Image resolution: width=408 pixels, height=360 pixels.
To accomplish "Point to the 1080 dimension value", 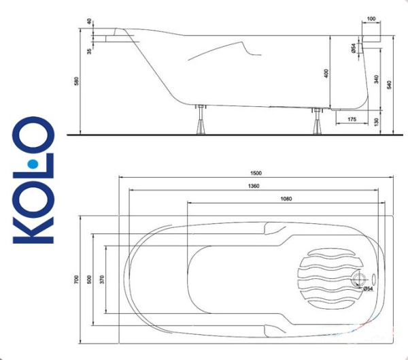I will point(286,199).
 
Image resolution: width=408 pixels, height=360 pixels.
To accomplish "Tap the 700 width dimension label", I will point(78,279).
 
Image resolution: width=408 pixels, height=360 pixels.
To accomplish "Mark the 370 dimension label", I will point(103,279).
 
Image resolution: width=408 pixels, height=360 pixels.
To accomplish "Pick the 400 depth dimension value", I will point(326,73).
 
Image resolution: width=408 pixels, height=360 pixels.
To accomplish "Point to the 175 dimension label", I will point(351,120).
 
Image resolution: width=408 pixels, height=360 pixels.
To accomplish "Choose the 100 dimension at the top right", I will point(371,19).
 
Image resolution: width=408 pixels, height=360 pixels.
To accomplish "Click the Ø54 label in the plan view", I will point(368,289).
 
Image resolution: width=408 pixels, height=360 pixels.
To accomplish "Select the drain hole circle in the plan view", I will point(358,280).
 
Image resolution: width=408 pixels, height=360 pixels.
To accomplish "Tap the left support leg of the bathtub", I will point(201,122).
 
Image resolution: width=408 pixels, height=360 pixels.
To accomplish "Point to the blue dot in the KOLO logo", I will point(31,164).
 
